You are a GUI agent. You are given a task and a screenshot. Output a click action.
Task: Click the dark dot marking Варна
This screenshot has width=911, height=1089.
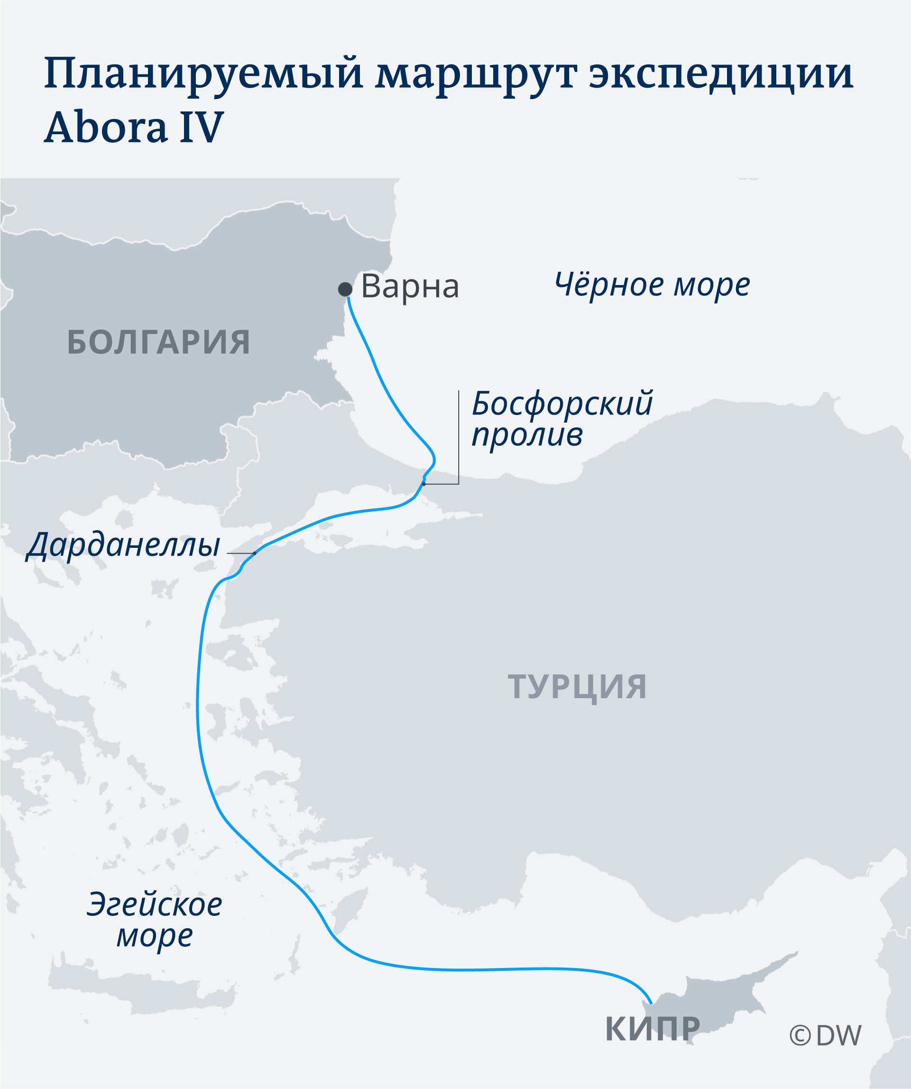345,289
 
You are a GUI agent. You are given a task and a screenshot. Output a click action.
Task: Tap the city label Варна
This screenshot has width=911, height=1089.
410,286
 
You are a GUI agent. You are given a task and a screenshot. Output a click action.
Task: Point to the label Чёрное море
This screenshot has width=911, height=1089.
652,285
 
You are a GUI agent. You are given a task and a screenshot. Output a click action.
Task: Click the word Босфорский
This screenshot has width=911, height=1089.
562,404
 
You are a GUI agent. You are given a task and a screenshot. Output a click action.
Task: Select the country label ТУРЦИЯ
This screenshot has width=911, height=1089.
577,687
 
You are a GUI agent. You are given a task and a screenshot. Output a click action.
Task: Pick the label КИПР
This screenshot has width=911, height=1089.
652,1029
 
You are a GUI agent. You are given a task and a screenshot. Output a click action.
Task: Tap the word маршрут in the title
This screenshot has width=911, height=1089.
476,74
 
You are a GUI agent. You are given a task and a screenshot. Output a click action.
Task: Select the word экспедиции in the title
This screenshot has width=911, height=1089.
721,74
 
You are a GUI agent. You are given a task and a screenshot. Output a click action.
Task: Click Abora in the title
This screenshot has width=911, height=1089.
106,127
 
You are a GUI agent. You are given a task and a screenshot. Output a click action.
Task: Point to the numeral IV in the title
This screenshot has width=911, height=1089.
201,127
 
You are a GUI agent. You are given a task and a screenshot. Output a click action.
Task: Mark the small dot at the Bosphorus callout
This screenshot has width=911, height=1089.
423,484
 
